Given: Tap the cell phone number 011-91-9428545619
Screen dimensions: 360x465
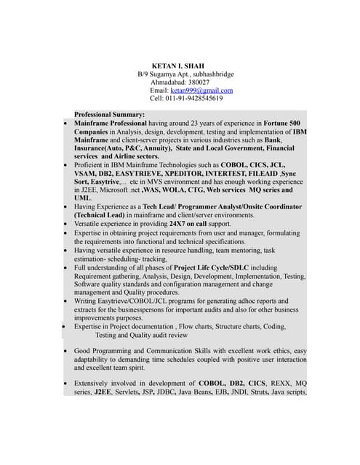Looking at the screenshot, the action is (194, 98).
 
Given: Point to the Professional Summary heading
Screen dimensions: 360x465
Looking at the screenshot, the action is (109, 115).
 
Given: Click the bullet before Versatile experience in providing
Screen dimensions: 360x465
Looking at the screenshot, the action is (66, 225).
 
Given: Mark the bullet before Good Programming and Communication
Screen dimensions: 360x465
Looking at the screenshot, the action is (66, 351).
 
